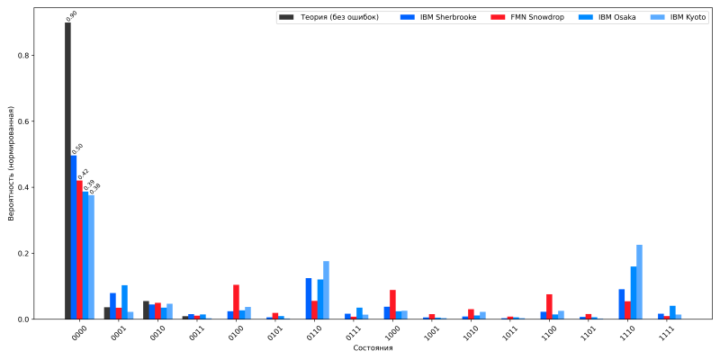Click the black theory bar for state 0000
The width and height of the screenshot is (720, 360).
(67, 171)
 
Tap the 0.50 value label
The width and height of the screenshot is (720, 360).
(77, 148)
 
